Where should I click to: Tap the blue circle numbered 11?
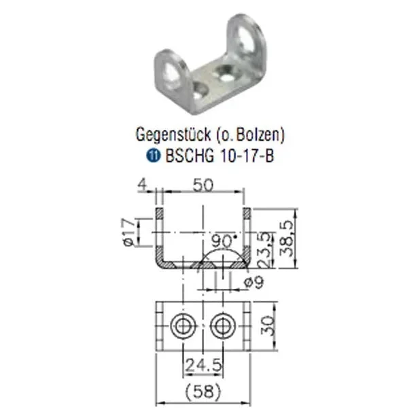pos(153,156)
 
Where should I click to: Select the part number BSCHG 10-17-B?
pos(220,156)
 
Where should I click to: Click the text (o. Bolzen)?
pos(250,135)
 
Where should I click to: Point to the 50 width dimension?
pos(203,186)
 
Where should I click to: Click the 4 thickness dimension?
pos(143,185)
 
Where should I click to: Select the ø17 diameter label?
pos(129,232)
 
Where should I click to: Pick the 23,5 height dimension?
pos(264,250)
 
